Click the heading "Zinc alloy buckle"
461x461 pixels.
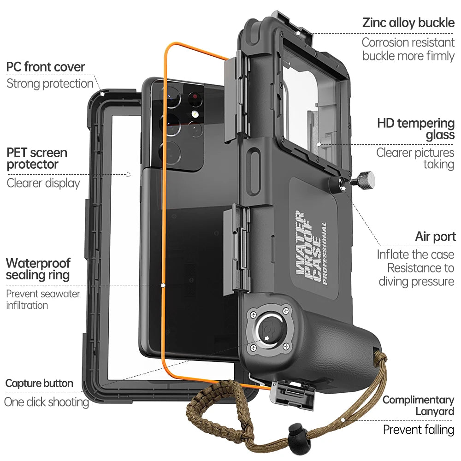408,23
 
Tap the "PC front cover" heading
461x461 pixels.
46,67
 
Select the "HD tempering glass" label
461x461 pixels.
416,129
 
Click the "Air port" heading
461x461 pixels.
435,237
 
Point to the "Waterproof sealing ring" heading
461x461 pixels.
38,269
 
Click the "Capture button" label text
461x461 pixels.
39,383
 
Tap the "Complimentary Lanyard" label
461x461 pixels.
418,406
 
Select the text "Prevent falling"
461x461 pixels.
419,430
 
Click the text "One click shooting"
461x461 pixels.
46,402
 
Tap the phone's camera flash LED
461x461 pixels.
195,114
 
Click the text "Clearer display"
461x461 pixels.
43,183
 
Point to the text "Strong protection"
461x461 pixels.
50,83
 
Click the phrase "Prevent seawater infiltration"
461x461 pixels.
43,299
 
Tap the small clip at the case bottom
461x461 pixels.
292,394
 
